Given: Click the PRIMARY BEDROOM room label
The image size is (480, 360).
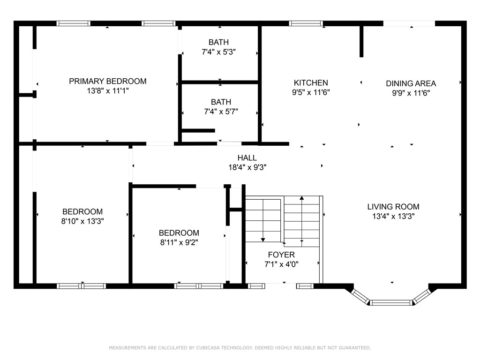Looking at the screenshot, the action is coord(107,81).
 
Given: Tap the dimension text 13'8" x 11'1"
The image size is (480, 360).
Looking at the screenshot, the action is coord(108,90).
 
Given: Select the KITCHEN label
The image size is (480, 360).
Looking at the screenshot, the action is coord(311,82).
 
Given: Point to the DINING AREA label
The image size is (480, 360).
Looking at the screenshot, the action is coord(411,83).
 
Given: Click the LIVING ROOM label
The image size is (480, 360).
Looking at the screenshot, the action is coord(393,207).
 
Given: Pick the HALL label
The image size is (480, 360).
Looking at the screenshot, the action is coord(247,157).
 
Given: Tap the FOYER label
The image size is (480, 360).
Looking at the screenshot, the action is coord(281,255).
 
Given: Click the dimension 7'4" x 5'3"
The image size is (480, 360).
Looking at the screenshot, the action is coord(218,52).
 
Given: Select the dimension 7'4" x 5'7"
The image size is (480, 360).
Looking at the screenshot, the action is coord(221,112).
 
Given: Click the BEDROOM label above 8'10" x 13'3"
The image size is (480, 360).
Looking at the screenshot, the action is coord(82,211).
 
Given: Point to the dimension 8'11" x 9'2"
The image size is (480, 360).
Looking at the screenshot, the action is coord(179,242).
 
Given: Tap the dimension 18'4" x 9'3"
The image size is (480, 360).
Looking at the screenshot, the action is coord(247,167).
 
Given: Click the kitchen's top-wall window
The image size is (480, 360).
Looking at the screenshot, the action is coord(306,23).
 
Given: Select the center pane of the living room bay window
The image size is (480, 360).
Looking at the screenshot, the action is coord(391,303).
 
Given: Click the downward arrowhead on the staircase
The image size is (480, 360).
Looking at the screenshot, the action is coord(263,240).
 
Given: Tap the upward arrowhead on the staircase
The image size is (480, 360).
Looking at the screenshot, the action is coord(302,198).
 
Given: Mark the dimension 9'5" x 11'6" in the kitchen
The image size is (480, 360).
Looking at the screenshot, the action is coord(311,92).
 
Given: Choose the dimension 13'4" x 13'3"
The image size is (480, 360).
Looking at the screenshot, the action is coord(393,216).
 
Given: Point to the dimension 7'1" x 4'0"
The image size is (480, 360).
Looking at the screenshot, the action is coord(281,264).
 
